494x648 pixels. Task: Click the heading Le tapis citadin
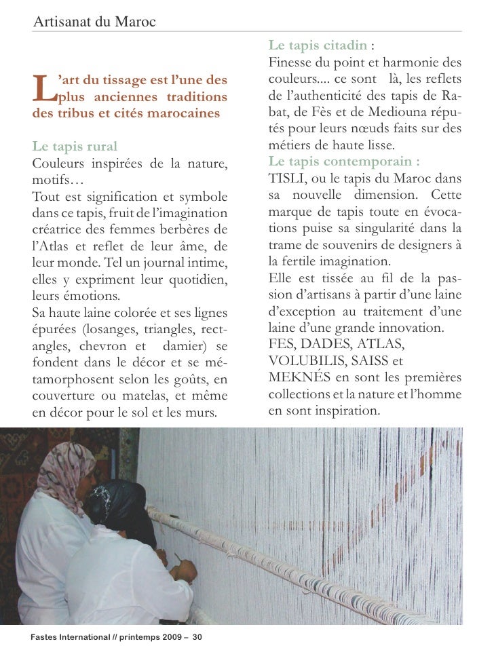[318, 45]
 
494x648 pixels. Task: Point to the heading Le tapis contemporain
[343, 161]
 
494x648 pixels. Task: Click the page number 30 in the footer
[197, 638]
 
